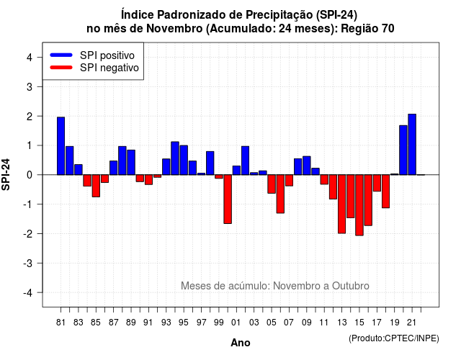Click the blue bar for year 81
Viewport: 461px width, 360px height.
pyautogui.click(x=61, y=145)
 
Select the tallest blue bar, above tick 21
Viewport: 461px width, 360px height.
pyautogui.click(x=412, y=144)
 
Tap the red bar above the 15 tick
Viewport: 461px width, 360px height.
pyautogui.click(x=359, y=205)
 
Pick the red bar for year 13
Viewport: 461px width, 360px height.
pyautogui.click(x=341, y=204)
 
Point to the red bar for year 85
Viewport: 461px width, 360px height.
pyautogui.click(x=96, y=186)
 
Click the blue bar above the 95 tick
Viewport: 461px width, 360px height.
pyautogui.click(x=184, y=160)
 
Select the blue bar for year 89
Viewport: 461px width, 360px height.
pyautogui.click(x=131, y=162)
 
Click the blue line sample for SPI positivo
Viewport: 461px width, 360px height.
pyautogui.click(x=61, y=55)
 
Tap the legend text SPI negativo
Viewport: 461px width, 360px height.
pyautogui.click(x=109, y=68)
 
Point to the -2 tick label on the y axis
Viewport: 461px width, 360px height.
pyautogui.click(x=28, y=234)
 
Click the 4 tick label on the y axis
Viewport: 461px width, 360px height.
pyautogui.click(x=30, y=58)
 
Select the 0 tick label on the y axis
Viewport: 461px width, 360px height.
pyautogui.click(x=30, y=175)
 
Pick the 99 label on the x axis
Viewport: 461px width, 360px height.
pyautogui.click(x=219, y=323)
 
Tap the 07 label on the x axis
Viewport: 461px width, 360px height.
pyautogui.click(x=289, y=323)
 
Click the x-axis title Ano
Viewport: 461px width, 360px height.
pyautogui.click(x=241, y=343)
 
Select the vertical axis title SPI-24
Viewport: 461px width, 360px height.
pyautogui.click(x=6, y=174)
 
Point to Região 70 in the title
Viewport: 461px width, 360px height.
pyautogui.click(x=367, y=29)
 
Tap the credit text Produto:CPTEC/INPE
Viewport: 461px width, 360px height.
pyautogui.click(x=394, y=338)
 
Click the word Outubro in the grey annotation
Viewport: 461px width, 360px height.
pyautogui.click(x=351, y=286)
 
